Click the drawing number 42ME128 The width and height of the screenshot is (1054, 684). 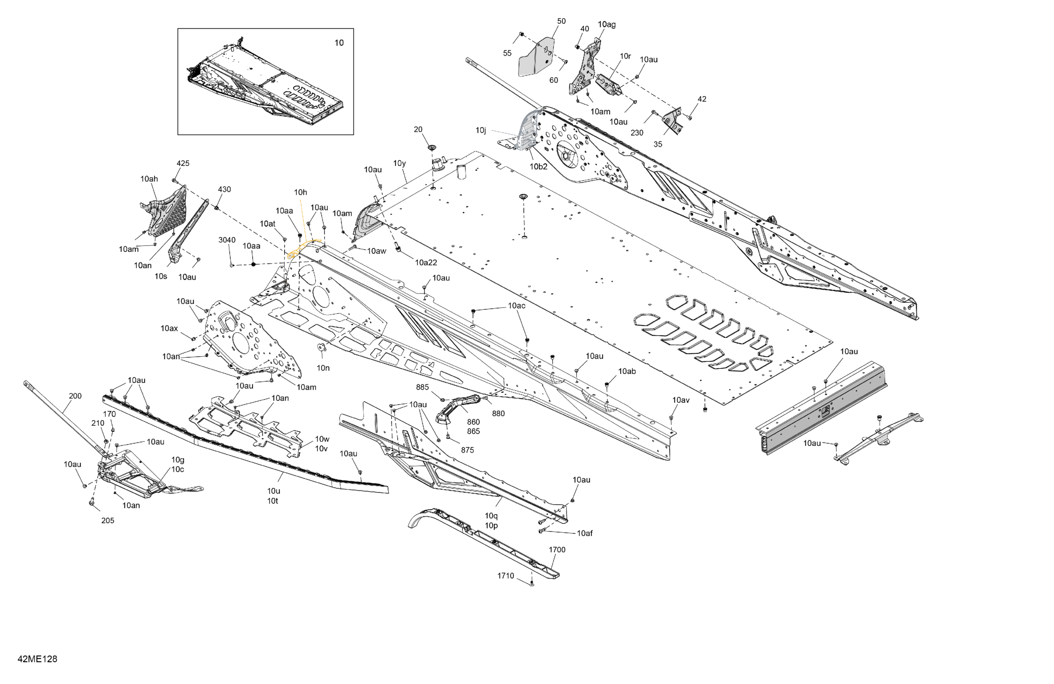coord(37,659)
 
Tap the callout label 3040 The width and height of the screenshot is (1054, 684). coord(227,240)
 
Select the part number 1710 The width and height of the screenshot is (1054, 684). coord(505,575)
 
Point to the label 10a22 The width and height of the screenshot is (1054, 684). coord(426,262)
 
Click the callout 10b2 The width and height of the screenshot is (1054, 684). coord(539,167)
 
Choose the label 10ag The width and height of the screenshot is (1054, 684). coord(606,25)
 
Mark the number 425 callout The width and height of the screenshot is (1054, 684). coord(183,163)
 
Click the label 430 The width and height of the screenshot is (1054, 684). coord(224,189)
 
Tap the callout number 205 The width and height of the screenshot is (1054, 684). coord(108,520)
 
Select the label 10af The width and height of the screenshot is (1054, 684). coord(584,533)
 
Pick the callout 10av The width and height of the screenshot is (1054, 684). coord(681,400)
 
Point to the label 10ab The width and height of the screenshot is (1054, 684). coord(627,371)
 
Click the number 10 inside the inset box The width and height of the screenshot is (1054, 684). coord(339,43)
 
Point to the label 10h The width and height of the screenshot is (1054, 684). coord(300,192)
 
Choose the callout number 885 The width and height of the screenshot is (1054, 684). coord(422,387)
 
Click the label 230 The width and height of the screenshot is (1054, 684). coord(636,132)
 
